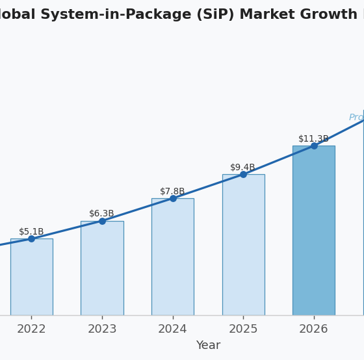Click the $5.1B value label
pos(31,232)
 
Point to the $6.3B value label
pos(102,214)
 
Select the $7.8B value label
pos(172,192)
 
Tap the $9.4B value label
pos(243,168)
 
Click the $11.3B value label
pos(313,139)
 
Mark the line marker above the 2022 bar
pos(31,238)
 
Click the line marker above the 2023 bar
pos(102,221)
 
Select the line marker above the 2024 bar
pos(173,198)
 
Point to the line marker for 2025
pos(243,174)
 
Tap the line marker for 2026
pos(314,146)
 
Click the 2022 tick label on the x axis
pos(31,329)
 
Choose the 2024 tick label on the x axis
pos(172,329)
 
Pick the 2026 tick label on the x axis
pos(313,329)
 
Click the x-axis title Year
pos(208,346)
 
